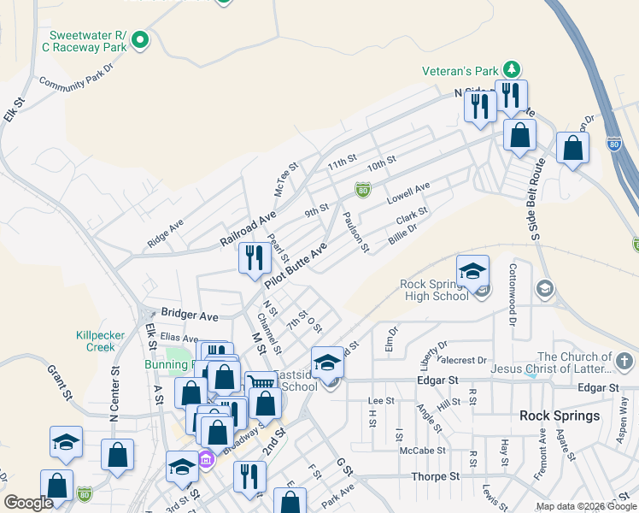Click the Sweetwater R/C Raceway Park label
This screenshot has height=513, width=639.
pyautogui.click(x=87, y=41)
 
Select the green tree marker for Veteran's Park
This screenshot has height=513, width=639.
pyautogui.click(x=511, y=68)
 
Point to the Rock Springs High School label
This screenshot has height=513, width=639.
pyautogui.click(x=435, y=290)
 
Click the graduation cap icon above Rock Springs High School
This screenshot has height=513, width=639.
pyautogui.click(x=472, y=272)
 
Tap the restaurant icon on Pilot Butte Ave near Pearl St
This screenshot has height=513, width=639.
pyautogui.click(x=254, y=259)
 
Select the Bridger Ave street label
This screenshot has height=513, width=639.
pyautogui.click(x=190, y=315)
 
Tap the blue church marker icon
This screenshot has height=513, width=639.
pyautogui.click(x=624, y=362)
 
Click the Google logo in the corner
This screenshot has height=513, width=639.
pyautogui.click(x=28, y=503)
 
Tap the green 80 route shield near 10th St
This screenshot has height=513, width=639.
pyautogui.click(x=363, y=189)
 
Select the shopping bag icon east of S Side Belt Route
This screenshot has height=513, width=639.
pyautogui.click(x=572, y=149)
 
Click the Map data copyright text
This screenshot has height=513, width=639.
pyautogui.click(x=586, y=506)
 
